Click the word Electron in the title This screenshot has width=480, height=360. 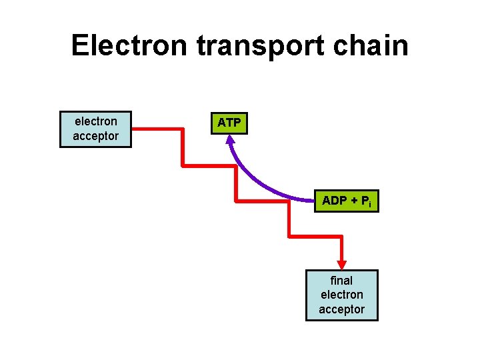pyautogui.click(x=130, y=46)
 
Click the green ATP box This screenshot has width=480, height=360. pyautogui.click(x=229, y=123)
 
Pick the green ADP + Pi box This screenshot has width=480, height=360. pyautogui.click(x=346, y=201)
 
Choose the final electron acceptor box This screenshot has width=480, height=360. pyautogui.click(x=341, y=295)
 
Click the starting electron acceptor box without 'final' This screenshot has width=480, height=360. pyautogui.click(x=96, y=129)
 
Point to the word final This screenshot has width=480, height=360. pyautogui.click(x=341, y=281)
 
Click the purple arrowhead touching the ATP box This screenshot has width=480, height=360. pyautogui.click(x=230, y=141)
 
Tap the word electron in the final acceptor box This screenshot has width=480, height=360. pyautogui.click(x=341, y=295)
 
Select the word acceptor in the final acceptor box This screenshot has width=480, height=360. pyautogui.click(x=341, y=309)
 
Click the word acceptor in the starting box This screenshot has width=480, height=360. pyautogui.click(x=96, y=136)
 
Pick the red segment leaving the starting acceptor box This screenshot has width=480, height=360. pyautogui.click(x=157, y=128)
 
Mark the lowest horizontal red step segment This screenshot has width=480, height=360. pyautogui.click(x=315, y=235)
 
